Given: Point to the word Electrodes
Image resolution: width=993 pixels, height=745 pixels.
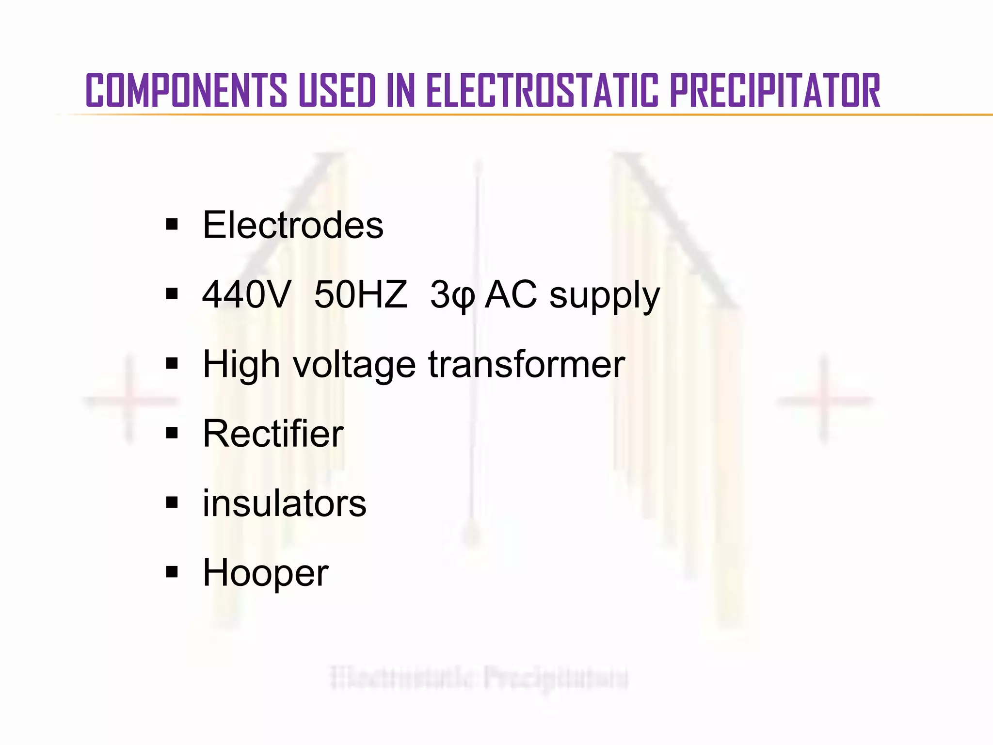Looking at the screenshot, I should (x=293, y=225).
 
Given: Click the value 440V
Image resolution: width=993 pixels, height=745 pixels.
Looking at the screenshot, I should (x=246, y=294).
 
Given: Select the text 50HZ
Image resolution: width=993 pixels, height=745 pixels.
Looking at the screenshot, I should (x=360, y=294).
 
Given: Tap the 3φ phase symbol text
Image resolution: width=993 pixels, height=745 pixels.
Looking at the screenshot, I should (x=452, y=295).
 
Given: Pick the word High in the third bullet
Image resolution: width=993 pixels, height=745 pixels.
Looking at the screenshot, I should (x=241, y=365).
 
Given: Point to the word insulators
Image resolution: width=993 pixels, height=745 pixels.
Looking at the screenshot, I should (x=284, y=503).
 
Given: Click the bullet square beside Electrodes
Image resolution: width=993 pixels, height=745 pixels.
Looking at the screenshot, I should (x=172, y=225).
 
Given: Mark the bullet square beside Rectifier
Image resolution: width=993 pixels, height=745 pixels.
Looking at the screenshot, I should (x=172, y=433).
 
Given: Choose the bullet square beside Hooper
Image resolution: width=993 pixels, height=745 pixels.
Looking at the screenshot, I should (x=172, y=572).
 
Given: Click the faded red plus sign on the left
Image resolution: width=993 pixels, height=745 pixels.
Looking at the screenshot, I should (x=129, y=400).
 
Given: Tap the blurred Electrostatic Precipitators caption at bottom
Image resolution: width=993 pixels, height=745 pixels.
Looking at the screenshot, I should (x=479, y=678).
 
